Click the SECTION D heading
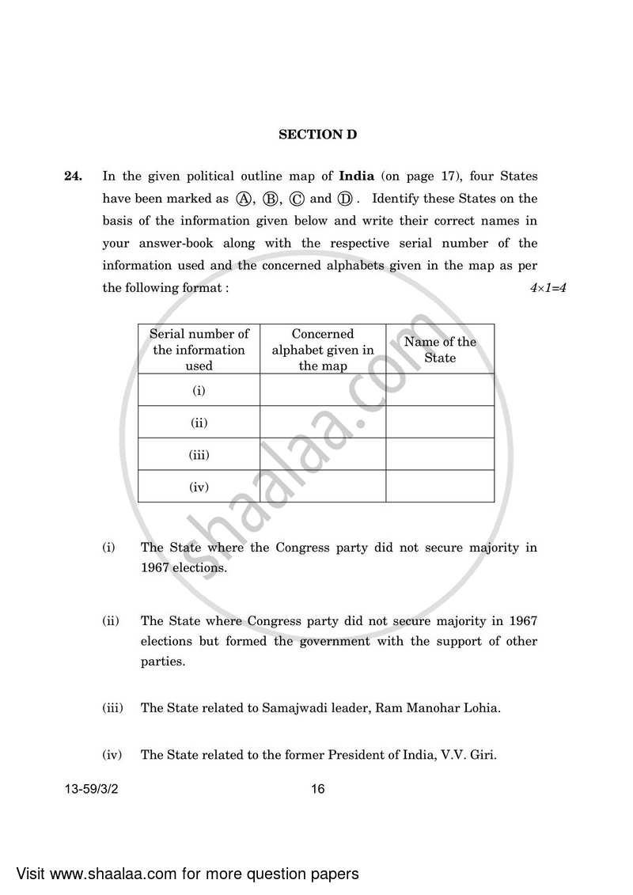click(x=317, y=135)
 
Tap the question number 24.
click(x=73, y=176)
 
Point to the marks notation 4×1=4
click(x=548, y=289)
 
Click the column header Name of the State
click(x=440, y=350)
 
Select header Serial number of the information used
click(x=199, y=350)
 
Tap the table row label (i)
click(x=199, y=390)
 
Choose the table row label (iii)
click(x=199, y=455)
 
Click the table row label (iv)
click(x=199, y=487)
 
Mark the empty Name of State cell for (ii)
click(x=440, y=423)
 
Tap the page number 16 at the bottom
click(x=317, y=789)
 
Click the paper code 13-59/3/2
click(x=98, y=789)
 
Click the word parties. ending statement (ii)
click(x=162, y=662)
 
